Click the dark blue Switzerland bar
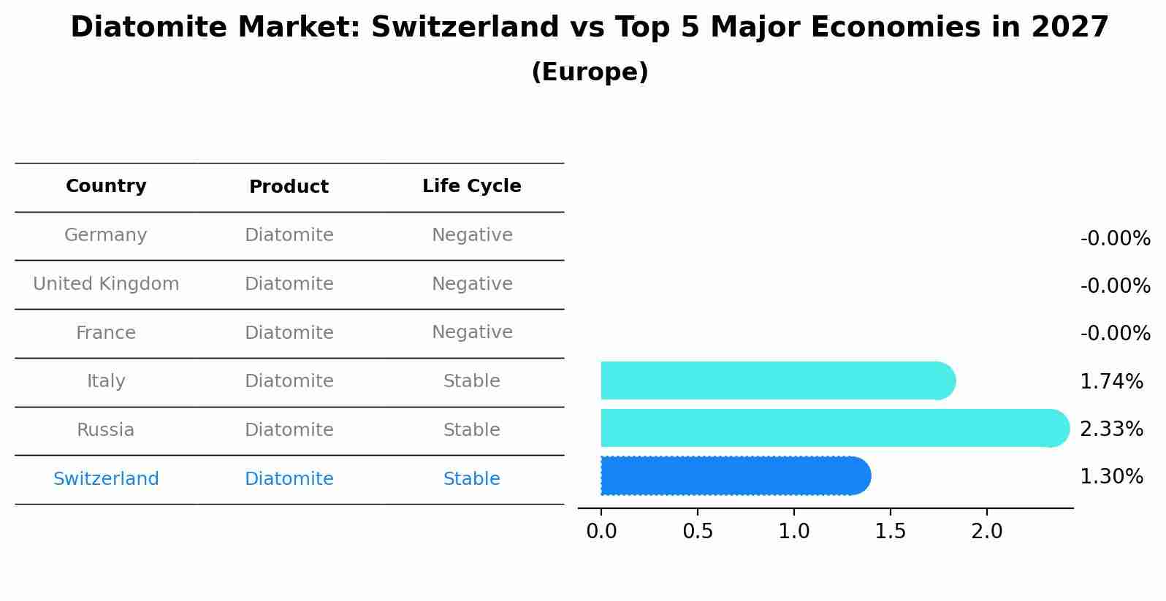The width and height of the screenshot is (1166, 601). [x=734, y=475]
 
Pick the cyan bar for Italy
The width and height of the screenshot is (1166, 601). [x=777, y=380]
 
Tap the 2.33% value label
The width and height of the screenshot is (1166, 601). [x=1111, y=429]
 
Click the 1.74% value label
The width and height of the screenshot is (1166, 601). [x=1111, y=381]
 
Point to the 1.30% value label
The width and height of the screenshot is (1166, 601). [x=1111, y=476]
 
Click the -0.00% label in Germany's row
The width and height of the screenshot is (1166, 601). [x=1115, y=239]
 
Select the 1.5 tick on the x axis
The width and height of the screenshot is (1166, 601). [x=890, y=531]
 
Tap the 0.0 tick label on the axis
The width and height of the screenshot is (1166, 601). [x=601, y=531]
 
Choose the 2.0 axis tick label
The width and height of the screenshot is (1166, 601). [x=986, y=531]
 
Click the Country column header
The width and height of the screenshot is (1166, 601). [x=106, y=186]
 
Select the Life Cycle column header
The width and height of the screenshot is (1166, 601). [x=471, y=186]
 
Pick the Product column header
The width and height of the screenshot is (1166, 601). [x=289, y=187]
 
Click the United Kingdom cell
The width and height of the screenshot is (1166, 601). [x=106, y=284]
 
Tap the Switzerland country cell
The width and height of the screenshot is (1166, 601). [x=106, y=479]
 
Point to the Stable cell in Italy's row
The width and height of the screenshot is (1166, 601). [x=471, y=381]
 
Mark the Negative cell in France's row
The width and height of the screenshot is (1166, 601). [x=471, y=332]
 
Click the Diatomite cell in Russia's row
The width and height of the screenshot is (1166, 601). [x=289, y=430]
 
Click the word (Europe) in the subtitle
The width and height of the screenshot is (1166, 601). [x=590, y=72]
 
